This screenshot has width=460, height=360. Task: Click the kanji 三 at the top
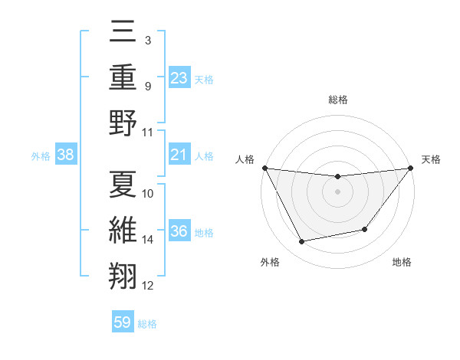123,33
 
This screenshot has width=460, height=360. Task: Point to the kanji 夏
123,184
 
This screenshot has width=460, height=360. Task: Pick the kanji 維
123,230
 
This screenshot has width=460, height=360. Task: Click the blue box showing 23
179,78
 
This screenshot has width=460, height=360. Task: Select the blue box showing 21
179,155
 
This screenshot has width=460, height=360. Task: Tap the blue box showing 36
179,232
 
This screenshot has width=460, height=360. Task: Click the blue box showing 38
65,155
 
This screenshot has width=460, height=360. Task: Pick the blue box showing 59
123,322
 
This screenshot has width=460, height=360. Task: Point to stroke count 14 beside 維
148,240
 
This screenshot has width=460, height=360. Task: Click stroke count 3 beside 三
147,39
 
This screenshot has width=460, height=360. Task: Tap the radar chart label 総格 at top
337,100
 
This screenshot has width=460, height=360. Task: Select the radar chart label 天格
431,159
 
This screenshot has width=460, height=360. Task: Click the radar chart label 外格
270,262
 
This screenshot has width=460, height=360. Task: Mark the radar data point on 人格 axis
265,168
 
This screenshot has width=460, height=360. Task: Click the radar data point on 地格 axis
365,229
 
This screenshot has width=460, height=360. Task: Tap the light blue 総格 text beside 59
147,323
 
